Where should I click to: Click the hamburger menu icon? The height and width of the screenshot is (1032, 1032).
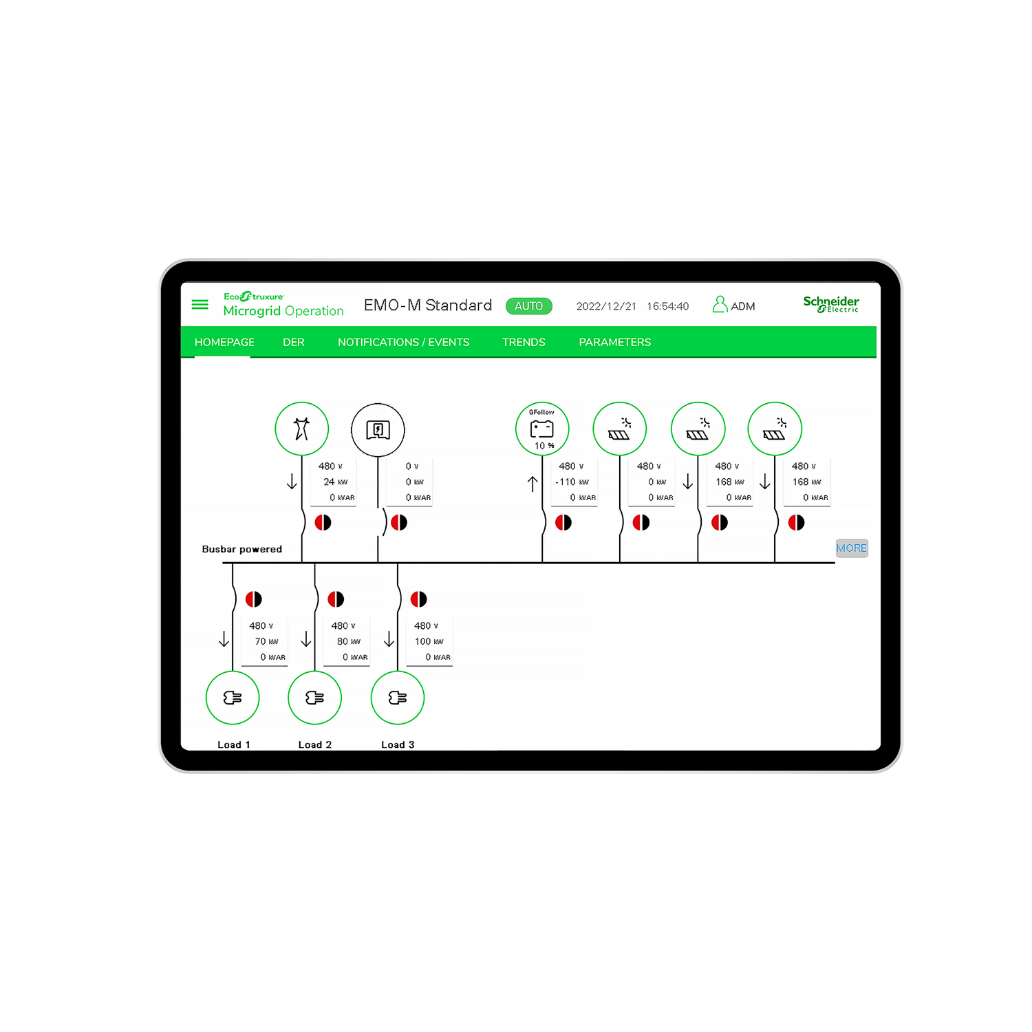200,304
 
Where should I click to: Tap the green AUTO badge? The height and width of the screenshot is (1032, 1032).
529,306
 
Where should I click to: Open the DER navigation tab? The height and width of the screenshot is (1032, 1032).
294,342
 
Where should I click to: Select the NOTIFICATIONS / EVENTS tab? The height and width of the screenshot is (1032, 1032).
403,342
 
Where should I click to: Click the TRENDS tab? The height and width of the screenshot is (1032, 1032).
524,342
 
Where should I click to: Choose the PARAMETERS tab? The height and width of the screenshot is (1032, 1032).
615,342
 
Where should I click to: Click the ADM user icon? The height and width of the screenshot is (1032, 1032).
720,304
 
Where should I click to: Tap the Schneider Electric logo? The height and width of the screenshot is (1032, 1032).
831,304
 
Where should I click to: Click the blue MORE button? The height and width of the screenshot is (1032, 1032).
852,548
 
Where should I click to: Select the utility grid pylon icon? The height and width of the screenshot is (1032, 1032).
302,429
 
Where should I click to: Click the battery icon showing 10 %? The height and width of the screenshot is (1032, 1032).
542,429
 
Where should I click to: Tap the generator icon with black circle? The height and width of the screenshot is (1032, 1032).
378,430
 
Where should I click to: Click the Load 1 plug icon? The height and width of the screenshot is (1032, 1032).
233,698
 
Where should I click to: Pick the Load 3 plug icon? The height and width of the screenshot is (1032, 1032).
398,698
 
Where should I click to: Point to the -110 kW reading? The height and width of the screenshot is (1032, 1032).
572,482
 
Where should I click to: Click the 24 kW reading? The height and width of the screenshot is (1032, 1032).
336,482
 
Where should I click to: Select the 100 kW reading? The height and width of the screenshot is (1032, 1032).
429,641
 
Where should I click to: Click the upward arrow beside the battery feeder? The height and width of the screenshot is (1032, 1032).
533,484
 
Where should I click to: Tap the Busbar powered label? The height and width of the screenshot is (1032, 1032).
242,549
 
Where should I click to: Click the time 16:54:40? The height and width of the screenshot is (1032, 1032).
668,306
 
